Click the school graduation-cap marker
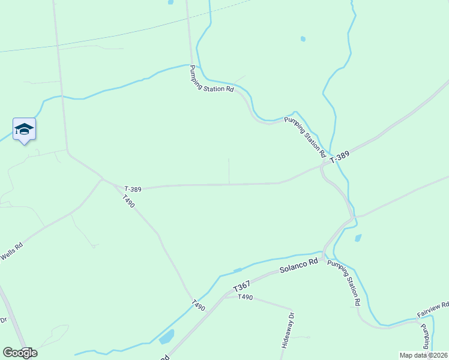click(24, 130)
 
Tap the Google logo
click(20, 353)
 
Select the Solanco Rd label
click(298, 266)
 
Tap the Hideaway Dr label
click(287, 331)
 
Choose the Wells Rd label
click(11, 251)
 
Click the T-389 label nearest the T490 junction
click(133, 189)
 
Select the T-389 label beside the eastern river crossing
click(339, 157)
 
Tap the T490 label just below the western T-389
click(128, 201)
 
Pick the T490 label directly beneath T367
click(246, 297)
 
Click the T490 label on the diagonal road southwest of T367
click(199, 305)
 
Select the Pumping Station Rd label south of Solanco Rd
click(344, 284)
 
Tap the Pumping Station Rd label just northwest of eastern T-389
click(305, 134)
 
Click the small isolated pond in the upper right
click(303, 39)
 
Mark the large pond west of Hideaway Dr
click(166, 337)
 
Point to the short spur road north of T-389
click(229, 171)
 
